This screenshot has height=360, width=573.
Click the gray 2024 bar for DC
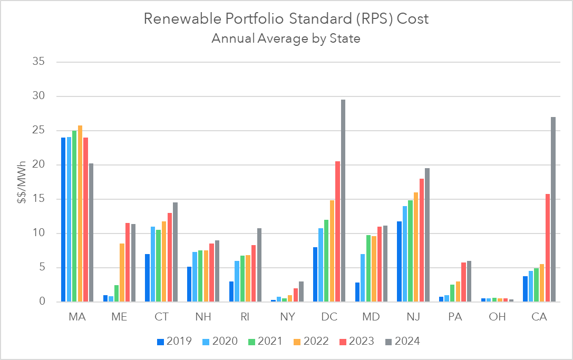pos(343,201)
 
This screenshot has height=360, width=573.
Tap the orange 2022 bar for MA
pos(80,213)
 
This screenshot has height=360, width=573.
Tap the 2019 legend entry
pos(177,341)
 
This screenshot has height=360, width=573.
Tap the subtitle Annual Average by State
pos(286,39)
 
